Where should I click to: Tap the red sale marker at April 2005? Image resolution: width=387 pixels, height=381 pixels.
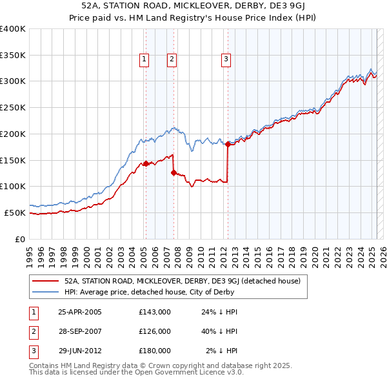click(146, 163)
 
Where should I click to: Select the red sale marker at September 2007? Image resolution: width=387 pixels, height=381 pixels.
click(174, 172)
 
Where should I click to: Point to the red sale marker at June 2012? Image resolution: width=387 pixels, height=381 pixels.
click(228, 144)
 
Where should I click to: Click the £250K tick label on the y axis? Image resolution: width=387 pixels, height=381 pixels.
click(13, 108)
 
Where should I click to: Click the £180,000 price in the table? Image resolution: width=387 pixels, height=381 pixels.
click(155, 351)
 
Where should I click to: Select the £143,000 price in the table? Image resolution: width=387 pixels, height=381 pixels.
click(155, 312)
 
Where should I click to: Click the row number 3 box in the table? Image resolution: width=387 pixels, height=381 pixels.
click(33, 351)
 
